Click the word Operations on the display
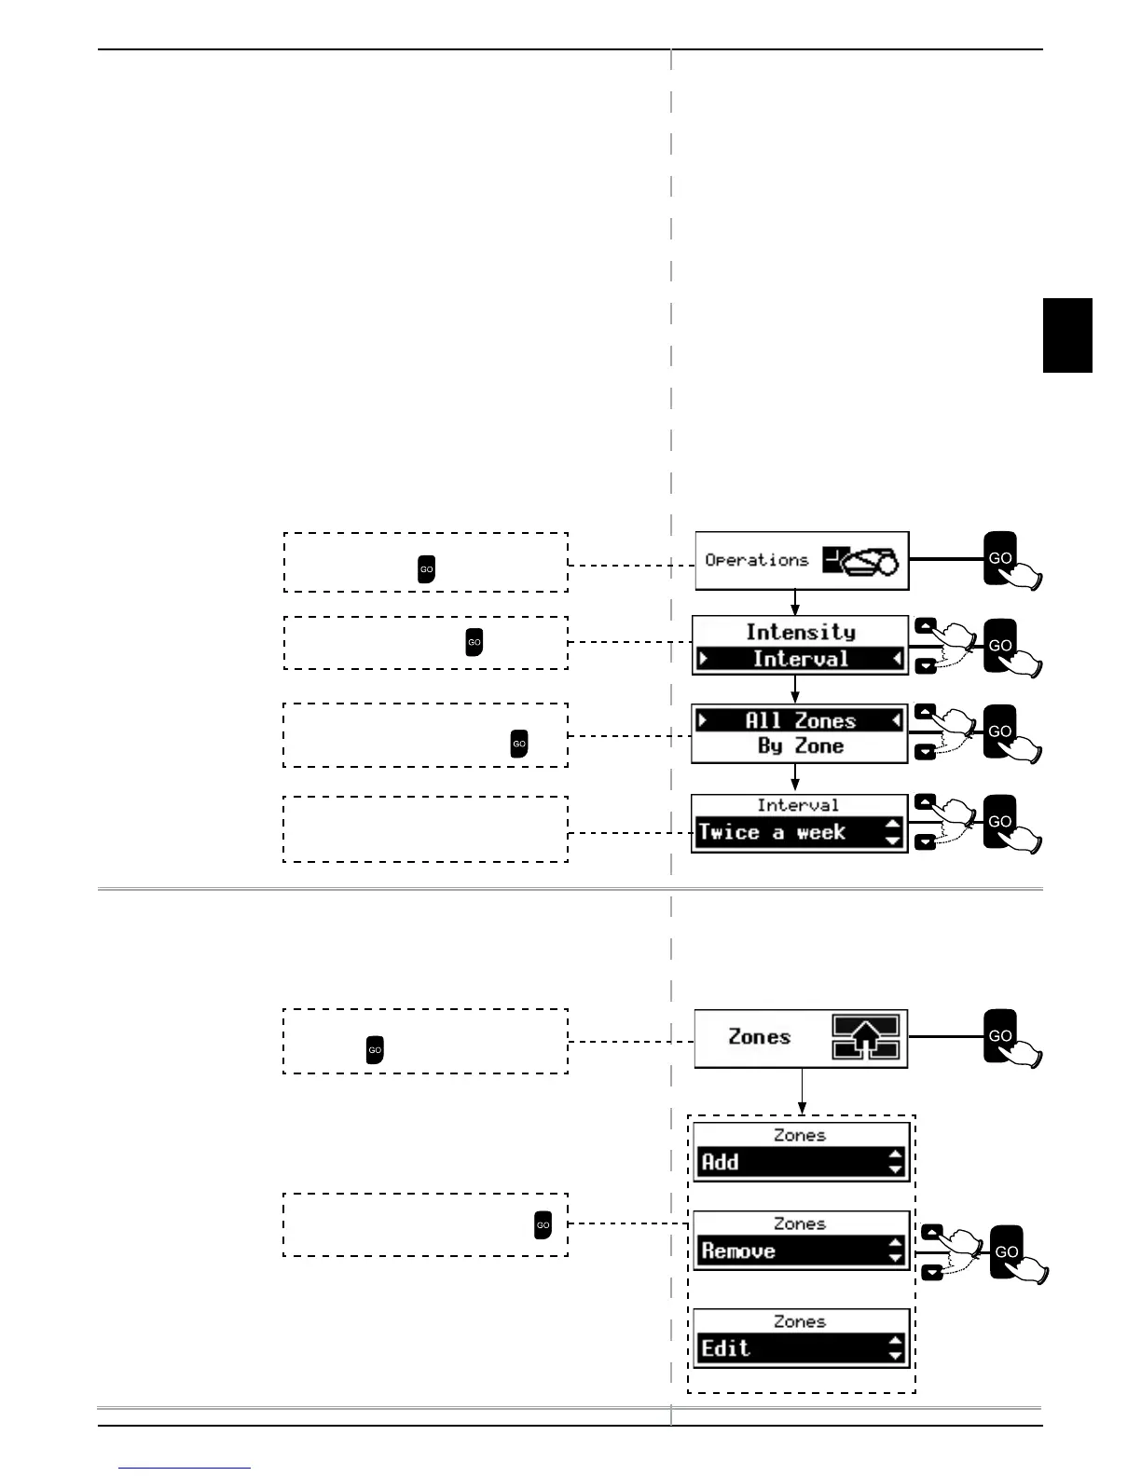click(x=756, y=560)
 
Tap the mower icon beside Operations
click(x=862, y=561)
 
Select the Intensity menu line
click(x=800, y=632)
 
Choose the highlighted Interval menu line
click(x=800, y=659)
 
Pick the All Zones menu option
click(x=800, y=720)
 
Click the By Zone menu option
click(x=800, y=746)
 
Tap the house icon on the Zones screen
click(x=866, y=1037)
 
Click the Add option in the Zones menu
click(x=800, y=1162)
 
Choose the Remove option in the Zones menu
click(x=800, y=1250)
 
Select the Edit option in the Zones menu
click(x=800, y=1348)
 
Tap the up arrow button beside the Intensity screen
click(x=925, y=626)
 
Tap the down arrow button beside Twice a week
click(x=925, y=843)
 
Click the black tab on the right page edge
click(x=1067, y=335)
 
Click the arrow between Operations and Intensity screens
click(x=795, y=602)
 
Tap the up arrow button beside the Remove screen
click(x=931, y=1232)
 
